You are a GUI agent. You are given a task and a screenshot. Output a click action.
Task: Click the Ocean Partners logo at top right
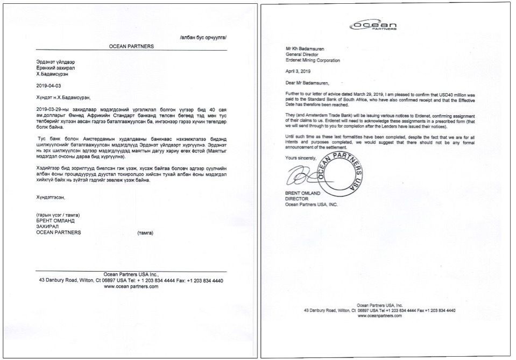pyautogui.click(x=374, y=25)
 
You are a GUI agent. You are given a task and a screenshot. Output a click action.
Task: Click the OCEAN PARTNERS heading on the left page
pyautogui.click(x=132, y=46)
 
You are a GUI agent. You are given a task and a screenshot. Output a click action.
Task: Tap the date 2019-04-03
pyautogui.click(x=49, y=86)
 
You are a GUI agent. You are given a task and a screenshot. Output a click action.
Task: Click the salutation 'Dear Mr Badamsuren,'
pyautogui.click(x=309, y=83)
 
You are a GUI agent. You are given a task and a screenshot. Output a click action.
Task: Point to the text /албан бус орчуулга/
pyautogui.click(x=203, y=37)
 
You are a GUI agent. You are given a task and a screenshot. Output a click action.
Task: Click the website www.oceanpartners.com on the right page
pyautogui.click(x=379, y=316)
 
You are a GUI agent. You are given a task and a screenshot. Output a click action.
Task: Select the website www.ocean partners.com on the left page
pyautogui.click(x=131, y=287)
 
